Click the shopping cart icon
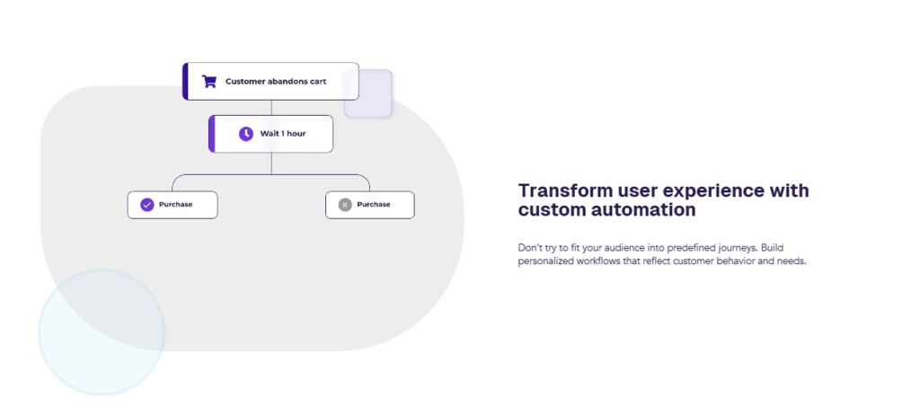coord(208,82)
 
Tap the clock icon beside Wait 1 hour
coord(246,134)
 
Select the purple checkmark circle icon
coord(146,205)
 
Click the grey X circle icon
coord(345,205)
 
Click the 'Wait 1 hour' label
coord(283,134)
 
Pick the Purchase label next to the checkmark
coord(175,205)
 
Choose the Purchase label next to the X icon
coord(374,205)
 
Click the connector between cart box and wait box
coord(271,108)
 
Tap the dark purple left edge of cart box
coord(185,82)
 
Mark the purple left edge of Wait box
coord(211,134)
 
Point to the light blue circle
coord(102,331)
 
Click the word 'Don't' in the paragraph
coord(529,248)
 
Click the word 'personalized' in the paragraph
coord(547,261)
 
